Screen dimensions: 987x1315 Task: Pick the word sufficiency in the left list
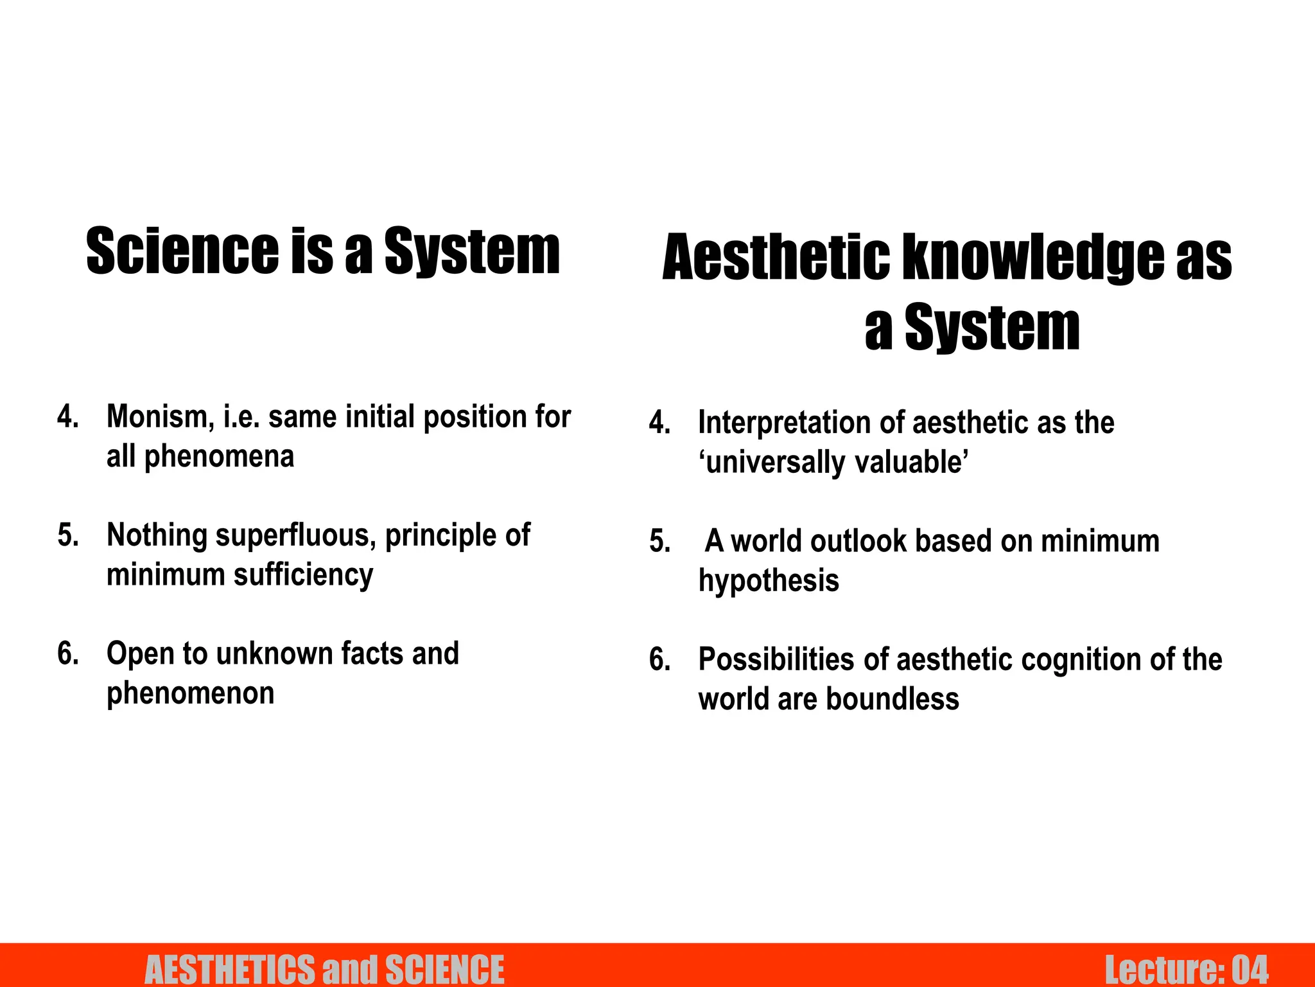point(303,575)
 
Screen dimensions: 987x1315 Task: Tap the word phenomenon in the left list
point(190,693)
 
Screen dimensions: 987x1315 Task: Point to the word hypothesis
point(769,581)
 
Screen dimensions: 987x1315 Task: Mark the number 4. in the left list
point(67,417)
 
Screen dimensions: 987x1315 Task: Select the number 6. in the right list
point(659,660)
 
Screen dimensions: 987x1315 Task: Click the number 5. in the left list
point(67,535)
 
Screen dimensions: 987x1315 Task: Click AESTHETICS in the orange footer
point(231,969)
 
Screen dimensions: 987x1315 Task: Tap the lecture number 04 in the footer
point(1250,969)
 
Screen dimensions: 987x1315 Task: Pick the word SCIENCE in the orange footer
point(444,969)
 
